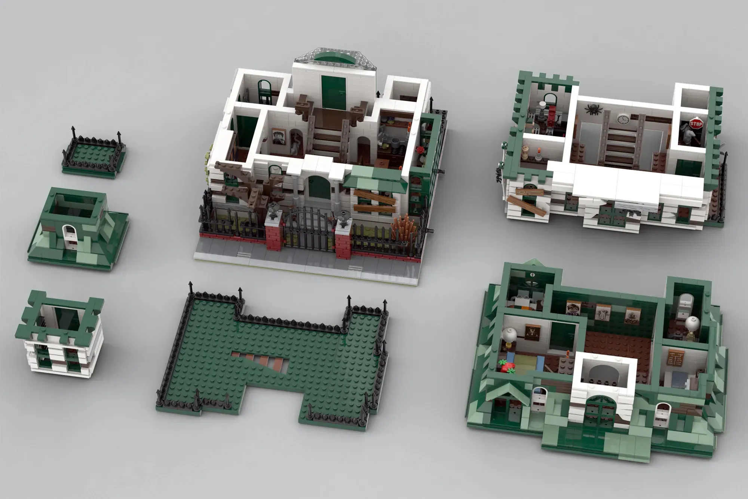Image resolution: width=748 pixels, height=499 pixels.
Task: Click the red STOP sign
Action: [696, 124]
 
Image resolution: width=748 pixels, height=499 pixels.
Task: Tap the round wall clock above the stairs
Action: [623, 119]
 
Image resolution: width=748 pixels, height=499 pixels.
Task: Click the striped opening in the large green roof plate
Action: [260, 360]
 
